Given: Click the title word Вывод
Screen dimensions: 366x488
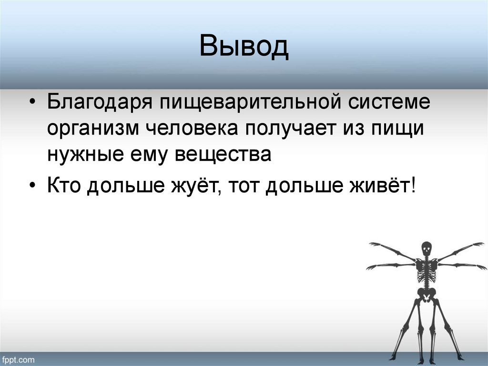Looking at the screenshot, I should click(244, 47).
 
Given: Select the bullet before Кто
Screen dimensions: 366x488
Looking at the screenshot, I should click(32, 186).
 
